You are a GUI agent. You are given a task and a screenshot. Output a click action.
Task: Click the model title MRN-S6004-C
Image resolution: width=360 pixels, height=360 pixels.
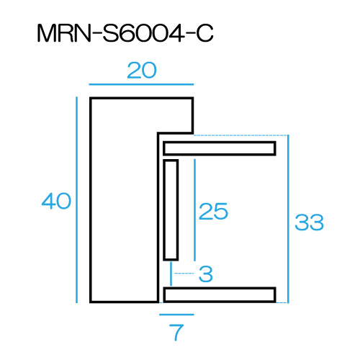coord(125,33)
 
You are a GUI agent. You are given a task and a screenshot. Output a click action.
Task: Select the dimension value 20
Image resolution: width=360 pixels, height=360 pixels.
coord(142,71)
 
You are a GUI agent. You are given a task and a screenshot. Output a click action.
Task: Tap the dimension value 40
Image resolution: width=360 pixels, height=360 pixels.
coord(56,201)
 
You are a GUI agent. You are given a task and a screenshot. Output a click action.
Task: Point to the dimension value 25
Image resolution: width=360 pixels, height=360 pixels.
coord(213,211)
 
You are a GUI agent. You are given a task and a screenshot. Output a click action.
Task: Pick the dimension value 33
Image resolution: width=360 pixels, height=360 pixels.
coord(309,222)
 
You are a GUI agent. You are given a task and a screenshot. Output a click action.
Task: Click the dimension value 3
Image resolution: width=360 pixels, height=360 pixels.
coord(206,274)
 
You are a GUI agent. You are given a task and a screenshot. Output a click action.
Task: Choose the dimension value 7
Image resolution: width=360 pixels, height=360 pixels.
coord(176,333)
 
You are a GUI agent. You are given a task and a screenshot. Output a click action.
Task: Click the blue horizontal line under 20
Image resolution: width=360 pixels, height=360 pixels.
coord(141,84)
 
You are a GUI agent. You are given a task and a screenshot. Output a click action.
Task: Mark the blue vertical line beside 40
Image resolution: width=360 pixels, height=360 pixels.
coord(76,199)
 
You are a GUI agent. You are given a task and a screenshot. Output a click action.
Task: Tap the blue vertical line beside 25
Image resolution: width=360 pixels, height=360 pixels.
coord(194,210)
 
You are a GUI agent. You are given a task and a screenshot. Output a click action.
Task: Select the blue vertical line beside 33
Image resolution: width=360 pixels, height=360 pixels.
coord(288,219)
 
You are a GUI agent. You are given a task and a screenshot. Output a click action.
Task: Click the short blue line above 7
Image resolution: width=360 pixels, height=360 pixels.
coord(176,315)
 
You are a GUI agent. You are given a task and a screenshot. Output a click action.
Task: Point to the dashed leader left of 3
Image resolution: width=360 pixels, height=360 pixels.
coord(184,273)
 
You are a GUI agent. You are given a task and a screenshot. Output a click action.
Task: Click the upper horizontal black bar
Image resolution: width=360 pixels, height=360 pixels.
coord(220,148)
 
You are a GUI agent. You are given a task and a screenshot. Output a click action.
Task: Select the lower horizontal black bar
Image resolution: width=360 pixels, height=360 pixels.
coord(220,294)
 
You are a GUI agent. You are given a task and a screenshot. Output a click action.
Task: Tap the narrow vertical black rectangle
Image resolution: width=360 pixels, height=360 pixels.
coord(171,210)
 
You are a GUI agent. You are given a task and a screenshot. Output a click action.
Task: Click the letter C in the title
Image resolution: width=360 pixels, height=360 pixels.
coord(204,33)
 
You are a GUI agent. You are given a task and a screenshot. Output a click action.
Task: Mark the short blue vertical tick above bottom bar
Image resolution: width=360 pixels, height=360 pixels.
coord(171,274)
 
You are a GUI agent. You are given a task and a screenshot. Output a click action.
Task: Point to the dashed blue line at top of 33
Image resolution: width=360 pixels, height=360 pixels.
coord(240,135)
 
